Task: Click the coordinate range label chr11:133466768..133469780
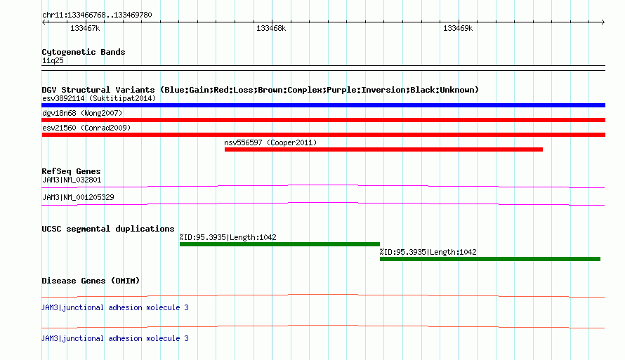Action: (97, 15)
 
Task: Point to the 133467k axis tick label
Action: (85, 28)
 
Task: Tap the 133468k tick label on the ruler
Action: (271, 28)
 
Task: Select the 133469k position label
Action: (458, 28)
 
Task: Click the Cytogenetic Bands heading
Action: (84, 52)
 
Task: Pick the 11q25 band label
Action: (53, 60)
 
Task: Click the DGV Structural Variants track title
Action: (260, 90)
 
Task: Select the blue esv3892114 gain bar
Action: (323, 105)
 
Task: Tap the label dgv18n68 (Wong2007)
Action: (82, 113)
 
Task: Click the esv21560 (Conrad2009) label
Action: (86, 128)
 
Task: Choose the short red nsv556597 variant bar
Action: (383, 149)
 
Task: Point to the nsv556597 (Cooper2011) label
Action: (270, 142)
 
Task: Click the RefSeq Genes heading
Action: (71, 171)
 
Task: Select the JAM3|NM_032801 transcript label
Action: (72, 180)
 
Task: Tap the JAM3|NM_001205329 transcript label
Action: (78, 197)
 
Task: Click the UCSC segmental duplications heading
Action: (108, 229)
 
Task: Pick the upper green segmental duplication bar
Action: (279, 244)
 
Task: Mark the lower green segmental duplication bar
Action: (490, 259)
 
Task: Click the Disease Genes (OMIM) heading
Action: (91, 281)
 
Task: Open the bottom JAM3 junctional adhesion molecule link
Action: (114, 338)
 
